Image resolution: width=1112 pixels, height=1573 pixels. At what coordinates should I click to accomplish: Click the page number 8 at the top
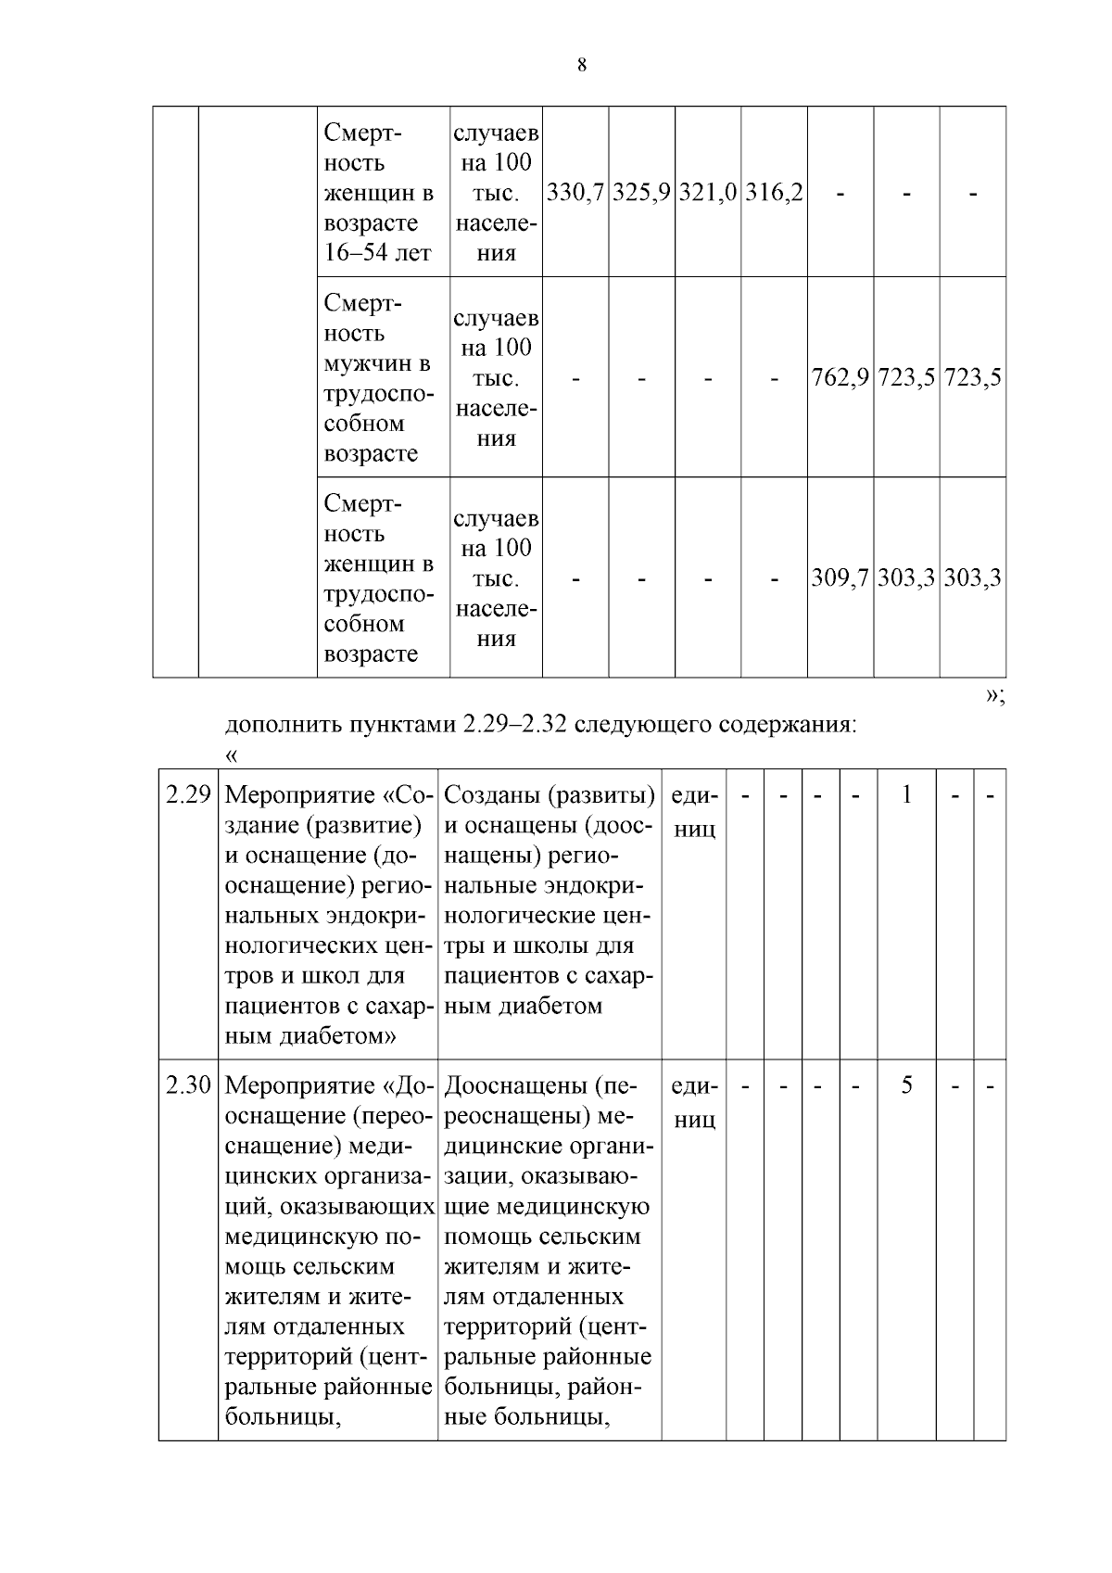coord(581,65)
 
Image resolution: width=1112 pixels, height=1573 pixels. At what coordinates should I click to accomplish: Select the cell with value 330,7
coord(575,193)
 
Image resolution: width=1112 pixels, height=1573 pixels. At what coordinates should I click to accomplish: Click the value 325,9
coord(641,193)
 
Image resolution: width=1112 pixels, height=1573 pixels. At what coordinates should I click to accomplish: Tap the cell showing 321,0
coord(708,193)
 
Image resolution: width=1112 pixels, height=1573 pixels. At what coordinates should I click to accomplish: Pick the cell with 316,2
coord(774,193)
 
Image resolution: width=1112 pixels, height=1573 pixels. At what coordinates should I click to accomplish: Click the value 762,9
coord(840,378)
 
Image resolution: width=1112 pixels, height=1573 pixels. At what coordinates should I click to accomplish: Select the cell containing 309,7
coord(840,578)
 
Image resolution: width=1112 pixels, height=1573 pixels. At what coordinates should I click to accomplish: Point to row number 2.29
coord(188,795)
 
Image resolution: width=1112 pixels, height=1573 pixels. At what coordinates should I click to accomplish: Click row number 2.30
coord(188,1085)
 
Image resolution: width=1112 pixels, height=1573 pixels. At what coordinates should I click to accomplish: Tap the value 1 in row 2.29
coord(906,795)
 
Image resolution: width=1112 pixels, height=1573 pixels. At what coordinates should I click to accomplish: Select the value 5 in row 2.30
coord(906,1085)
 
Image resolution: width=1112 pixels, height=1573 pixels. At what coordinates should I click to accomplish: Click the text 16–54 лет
coord(377,253)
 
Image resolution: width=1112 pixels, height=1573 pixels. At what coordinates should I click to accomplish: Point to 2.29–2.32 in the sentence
coord(514,724)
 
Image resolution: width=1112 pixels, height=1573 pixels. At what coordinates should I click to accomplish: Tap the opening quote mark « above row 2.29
coord(232,755)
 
